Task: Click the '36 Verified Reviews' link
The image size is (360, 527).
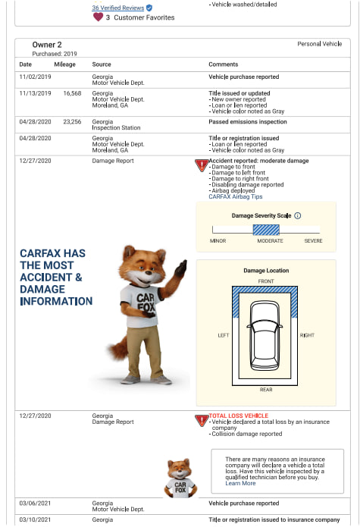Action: (x=117, y=8)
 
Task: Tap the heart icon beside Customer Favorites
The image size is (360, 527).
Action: (x=97, y=17)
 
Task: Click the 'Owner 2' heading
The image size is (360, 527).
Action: (x=47, y=45)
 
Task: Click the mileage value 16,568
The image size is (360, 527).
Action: (x=72, y=93)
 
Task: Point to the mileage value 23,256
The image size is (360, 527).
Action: (x=72, y=121)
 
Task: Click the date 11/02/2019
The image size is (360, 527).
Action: (x=35, y=77)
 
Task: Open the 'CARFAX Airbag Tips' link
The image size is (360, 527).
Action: (x=236, y=196)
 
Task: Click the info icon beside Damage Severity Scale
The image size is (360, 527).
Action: (x=297, y=216)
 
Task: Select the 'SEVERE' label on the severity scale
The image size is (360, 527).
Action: (x=313, y=241)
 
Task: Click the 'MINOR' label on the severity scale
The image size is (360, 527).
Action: (x=218, y=241)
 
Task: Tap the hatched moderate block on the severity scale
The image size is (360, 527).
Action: (x=266, y=230)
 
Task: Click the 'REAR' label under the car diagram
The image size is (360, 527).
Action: (x=266, y=390)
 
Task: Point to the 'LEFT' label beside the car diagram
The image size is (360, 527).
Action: (x=223, y=334)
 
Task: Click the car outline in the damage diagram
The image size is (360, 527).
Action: (x=266, y=334)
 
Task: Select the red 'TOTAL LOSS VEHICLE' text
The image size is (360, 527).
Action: (x=238, y=416)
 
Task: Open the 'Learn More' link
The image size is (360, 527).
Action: (x=240, y=483)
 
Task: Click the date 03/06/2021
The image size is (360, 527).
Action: (x=35, y=503)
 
